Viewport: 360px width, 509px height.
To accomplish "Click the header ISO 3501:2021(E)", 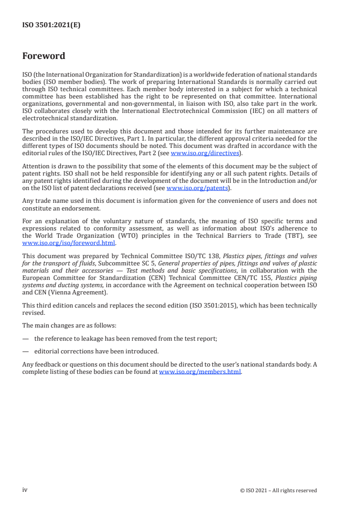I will click(x=51, y=25).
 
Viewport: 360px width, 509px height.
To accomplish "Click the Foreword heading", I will click(x=44, y=56).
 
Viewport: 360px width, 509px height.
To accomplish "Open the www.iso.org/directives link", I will click(x=205, y=153).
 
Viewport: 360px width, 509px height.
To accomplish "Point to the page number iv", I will click(x=25, y=490).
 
